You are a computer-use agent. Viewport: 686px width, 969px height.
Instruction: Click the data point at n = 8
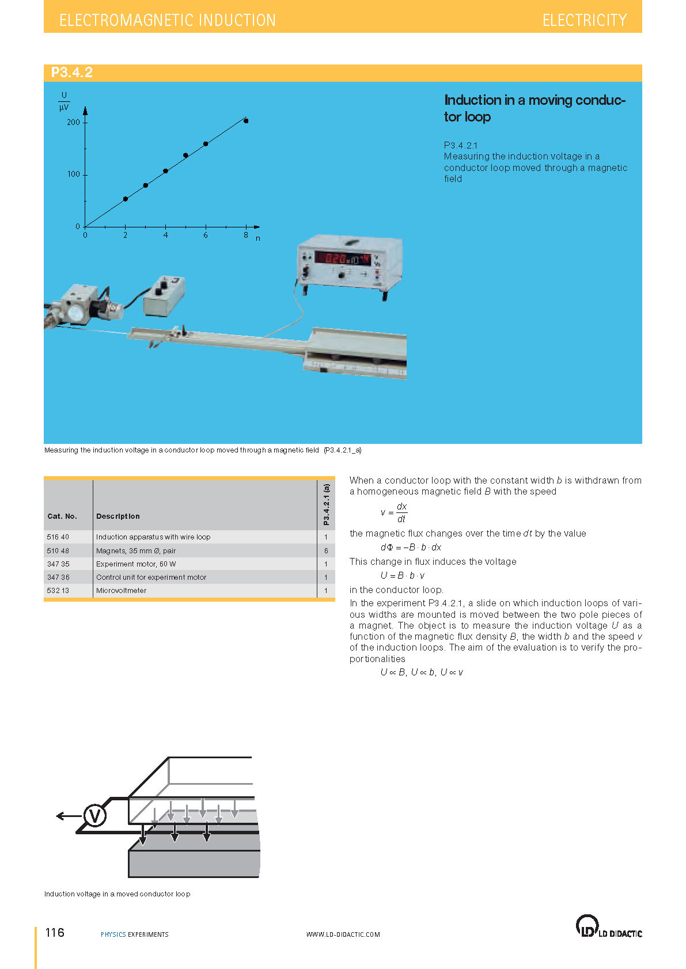point(246,121)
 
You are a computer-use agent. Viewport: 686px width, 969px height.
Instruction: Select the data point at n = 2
point(126,199)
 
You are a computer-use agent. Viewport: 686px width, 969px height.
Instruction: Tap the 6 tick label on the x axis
point(206,235)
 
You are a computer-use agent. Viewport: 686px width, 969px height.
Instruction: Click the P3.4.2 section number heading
point(72,73)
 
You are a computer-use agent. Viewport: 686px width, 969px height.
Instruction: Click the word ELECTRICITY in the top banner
point(584,20)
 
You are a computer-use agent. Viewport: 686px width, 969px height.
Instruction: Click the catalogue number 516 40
point(58,537)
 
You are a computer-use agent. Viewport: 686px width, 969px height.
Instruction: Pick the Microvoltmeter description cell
point(122,590)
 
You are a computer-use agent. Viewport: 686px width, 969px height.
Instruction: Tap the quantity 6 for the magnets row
point(326,550)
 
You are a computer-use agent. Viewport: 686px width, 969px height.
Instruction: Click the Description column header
point(118,516)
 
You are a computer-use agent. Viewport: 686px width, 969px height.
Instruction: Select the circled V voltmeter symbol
point(95,815)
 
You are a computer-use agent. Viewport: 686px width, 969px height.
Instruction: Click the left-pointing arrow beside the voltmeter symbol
point(69,815)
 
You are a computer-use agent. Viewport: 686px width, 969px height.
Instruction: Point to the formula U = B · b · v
point(403,575)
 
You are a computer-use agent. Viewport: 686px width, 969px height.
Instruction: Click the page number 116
point(55,932)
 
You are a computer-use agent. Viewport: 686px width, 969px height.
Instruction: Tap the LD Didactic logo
point(608,926)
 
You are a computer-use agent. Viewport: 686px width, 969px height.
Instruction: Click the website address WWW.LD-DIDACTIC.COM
point(343,934)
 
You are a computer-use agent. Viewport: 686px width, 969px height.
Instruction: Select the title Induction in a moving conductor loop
point(534,108)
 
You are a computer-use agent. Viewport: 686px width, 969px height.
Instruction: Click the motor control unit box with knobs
point(164,295)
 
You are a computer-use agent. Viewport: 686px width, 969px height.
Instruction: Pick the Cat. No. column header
point(62,516)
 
